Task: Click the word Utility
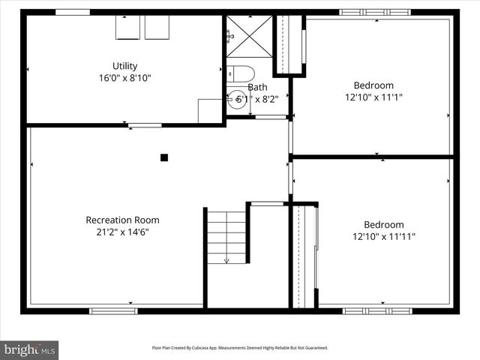coord(125,66)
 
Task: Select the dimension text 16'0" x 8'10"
coord(125,78)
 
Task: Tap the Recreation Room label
coord(122,220)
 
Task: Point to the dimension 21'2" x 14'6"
coord(122,232)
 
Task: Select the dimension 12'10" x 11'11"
coord(383,237)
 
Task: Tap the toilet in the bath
coord(241,73)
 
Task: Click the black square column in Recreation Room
coord(164,157)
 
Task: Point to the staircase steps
coord(226,236)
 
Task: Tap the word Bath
coord(257,87)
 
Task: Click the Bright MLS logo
coord(30,349)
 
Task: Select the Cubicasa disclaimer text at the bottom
coord(240,348)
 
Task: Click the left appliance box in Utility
coord(127,27)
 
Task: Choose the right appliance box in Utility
coord(157,27)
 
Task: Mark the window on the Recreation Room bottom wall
coord(113,310)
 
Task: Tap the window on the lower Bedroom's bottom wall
coord(377,310)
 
